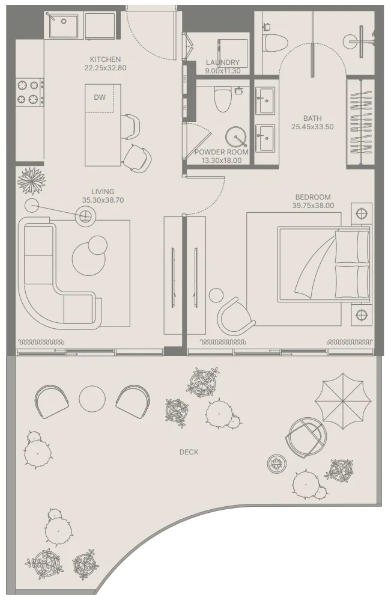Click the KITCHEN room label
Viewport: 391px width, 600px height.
(105, 60)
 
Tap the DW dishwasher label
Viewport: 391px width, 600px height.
(100, 97)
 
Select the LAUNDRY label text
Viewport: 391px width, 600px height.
(222, 63)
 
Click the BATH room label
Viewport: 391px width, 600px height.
(312, 118)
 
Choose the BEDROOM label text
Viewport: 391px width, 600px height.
(313, 197)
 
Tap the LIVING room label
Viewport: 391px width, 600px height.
(103, 192)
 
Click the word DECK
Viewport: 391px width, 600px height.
(189, 452)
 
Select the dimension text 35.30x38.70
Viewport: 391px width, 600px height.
(103, 200)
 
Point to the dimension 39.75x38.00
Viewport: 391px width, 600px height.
(313, 206)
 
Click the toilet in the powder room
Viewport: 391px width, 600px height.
(223, 100)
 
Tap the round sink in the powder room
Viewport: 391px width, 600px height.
(237, 137)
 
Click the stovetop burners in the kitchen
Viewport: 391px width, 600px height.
(29, 92)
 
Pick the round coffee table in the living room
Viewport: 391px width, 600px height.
(89, 257)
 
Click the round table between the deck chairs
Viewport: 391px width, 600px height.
(92, 398)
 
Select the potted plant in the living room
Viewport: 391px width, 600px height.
(30, 180)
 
